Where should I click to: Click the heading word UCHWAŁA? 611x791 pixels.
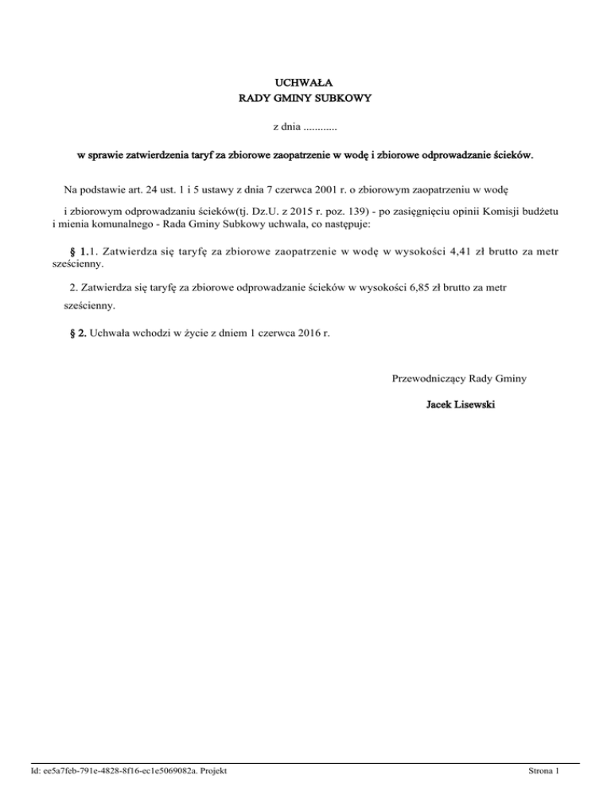tap(305, 82)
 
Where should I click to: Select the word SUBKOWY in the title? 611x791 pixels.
tap(342, 99)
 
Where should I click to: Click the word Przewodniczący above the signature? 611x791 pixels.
tap(430, 378)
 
